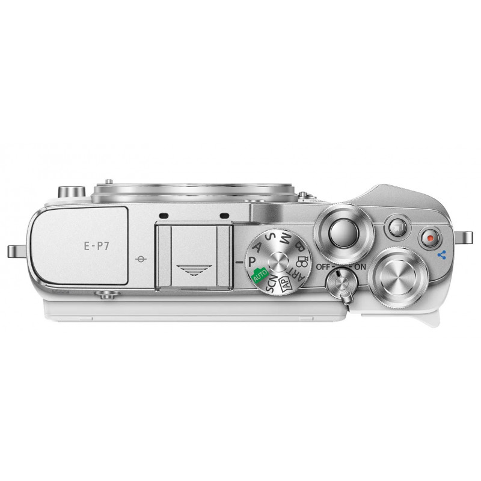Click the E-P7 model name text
click(97, 246)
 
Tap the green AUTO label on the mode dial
click(260, 275)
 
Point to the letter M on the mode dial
click(286, 237)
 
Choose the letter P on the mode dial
click(252, 262)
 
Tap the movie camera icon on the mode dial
click(302, 261)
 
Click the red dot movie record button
click(430, 238)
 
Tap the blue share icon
click(442, 254)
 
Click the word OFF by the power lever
click(323, 267)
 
